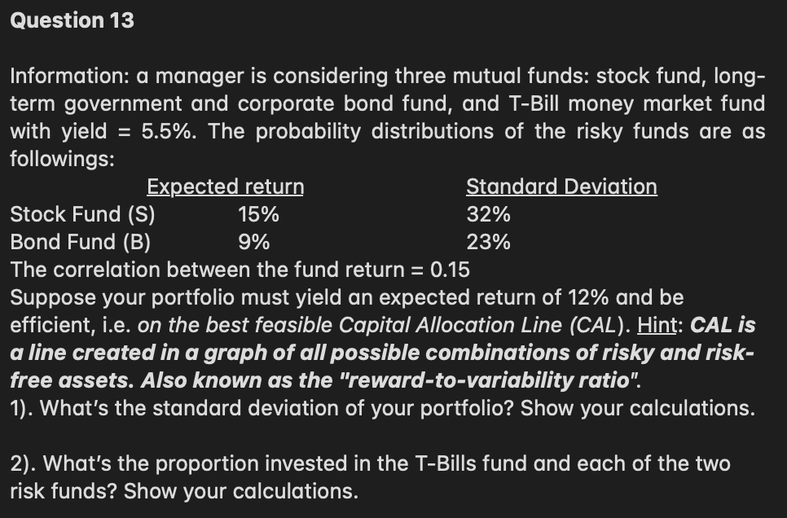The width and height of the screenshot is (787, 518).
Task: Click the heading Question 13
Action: click(x=72, y=20)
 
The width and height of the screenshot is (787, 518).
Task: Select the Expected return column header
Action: click(x=225, y=187)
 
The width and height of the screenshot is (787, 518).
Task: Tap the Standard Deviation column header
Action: click(x=561, y=187)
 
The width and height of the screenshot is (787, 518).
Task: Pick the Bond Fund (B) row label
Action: click(x=80, y=242)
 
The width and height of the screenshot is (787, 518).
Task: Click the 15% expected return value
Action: click(x=258, y=215)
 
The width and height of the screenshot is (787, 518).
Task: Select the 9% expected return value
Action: click(x=254, y=242)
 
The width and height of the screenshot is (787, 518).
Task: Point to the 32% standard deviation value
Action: click(x=489, y=215)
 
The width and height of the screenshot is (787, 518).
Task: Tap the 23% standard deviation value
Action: click(x=489, y=242)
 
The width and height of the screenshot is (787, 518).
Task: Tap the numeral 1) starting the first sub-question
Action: click(x=21, y=408)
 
